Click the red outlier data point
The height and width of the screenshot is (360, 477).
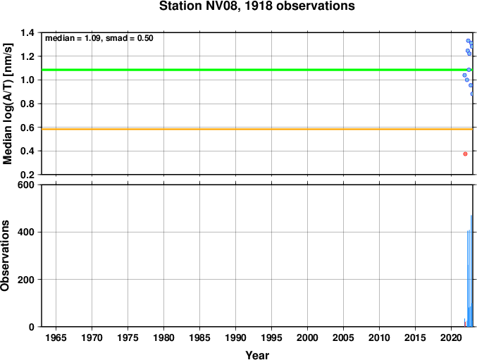465,154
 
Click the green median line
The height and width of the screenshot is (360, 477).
257,70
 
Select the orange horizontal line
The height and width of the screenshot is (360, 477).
257,129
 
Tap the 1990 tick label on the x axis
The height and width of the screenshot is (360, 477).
235,337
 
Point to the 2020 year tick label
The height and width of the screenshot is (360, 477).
451,337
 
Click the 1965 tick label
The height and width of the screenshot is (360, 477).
56,337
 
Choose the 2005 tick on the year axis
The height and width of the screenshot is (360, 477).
343,337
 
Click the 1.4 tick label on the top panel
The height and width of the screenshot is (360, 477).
28,32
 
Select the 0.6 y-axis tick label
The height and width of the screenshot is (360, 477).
28,128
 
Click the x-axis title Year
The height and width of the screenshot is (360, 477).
257,355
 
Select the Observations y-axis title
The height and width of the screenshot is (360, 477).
5,256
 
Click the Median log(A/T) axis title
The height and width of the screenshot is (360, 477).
8,104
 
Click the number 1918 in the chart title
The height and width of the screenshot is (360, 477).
259,6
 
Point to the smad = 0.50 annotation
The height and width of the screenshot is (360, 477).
129,38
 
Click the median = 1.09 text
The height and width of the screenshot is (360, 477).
73,38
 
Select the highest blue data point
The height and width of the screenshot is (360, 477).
468,41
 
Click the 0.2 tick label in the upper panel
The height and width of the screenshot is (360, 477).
28,175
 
